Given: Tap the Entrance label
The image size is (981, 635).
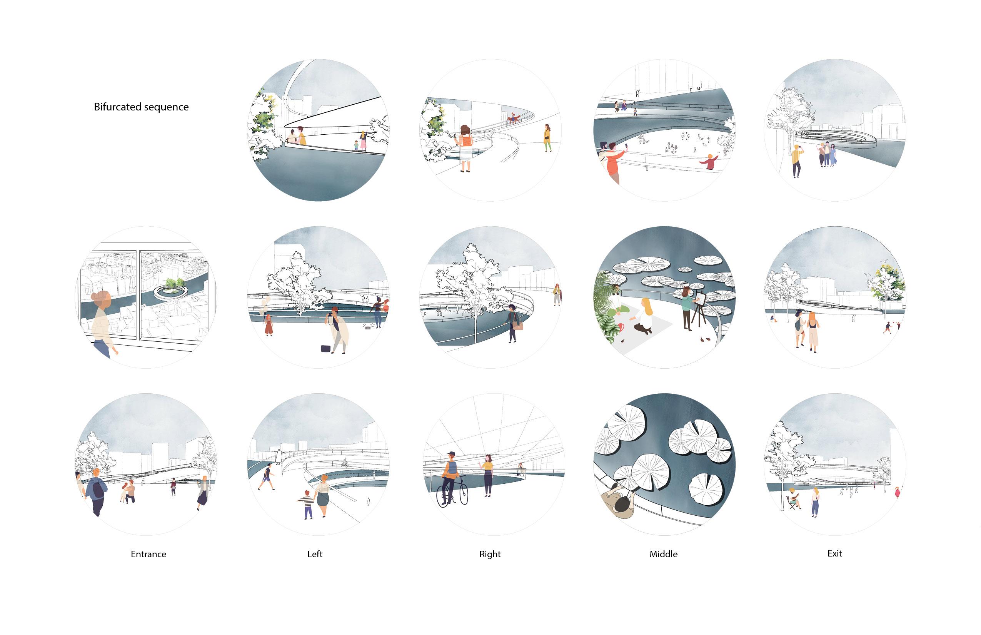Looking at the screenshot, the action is point(148,554).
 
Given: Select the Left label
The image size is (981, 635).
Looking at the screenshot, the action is point(315,554).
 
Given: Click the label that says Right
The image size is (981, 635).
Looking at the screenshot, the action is point(490,554).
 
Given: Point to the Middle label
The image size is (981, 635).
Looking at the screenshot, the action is point(663,554).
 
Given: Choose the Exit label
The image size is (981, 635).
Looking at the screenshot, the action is point(835,553).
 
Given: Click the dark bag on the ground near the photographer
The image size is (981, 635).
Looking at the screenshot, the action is point(325,348).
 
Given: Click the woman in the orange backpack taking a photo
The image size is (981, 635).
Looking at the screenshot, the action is point(465,146).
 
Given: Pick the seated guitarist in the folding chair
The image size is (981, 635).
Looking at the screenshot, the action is point(793,499).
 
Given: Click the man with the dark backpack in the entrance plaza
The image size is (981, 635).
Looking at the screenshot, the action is point(97,491).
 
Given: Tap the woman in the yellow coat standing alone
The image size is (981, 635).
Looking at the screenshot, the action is point(547,138).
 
